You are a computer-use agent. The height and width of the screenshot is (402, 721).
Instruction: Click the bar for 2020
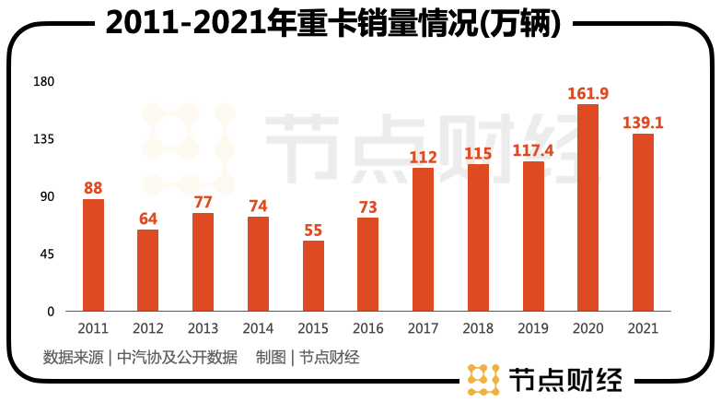[x=587, y=207]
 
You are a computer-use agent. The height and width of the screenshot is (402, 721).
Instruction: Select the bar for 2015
[x=313, y=276]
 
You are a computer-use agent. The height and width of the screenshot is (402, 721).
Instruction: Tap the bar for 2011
[x=93, y=255]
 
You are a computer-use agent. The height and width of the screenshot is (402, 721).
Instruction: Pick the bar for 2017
[x=423, y=240]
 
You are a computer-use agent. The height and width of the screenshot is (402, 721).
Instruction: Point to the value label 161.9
[x=587, y=93]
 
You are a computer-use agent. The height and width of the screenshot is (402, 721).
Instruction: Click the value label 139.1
[x=643, y=122]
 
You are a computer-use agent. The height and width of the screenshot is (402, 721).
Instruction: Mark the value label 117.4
[x=533, y=149]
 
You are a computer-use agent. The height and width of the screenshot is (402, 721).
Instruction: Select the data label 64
[x=148, y=219]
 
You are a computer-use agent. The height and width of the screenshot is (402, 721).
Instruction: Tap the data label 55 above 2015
[x=313, y=230]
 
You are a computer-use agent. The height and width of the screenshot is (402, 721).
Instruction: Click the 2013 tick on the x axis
[x=203, y=327]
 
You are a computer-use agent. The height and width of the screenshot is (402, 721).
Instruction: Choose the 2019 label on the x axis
[x=533, y=327]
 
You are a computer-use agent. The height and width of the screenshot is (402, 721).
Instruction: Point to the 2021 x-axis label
[x=643, y=327]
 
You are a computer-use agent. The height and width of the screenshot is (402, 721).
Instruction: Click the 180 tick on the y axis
[x=45, y=82]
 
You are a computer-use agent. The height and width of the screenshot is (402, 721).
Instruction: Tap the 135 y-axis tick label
[x=45, y=139]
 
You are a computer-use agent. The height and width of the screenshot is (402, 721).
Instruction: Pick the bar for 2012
[x=148, y=270]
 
